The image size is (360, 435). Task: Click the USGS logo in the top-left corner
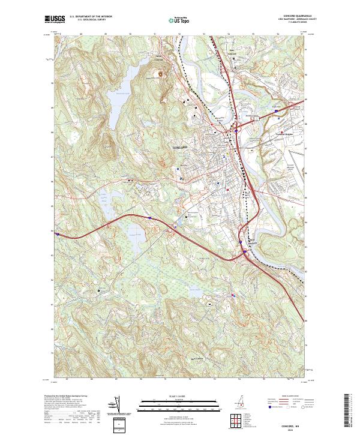click(x=55, y=19)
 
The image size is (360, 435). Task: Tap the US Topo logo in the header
click(x=173, y=19)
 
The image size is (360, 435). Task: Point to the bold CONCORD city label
click(x=179, y=147)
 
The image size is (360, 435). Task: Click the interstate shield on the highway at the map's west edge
click(x=57, y=235)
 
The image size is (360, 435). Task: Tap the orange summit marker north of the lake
click(x=160, y=75)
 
